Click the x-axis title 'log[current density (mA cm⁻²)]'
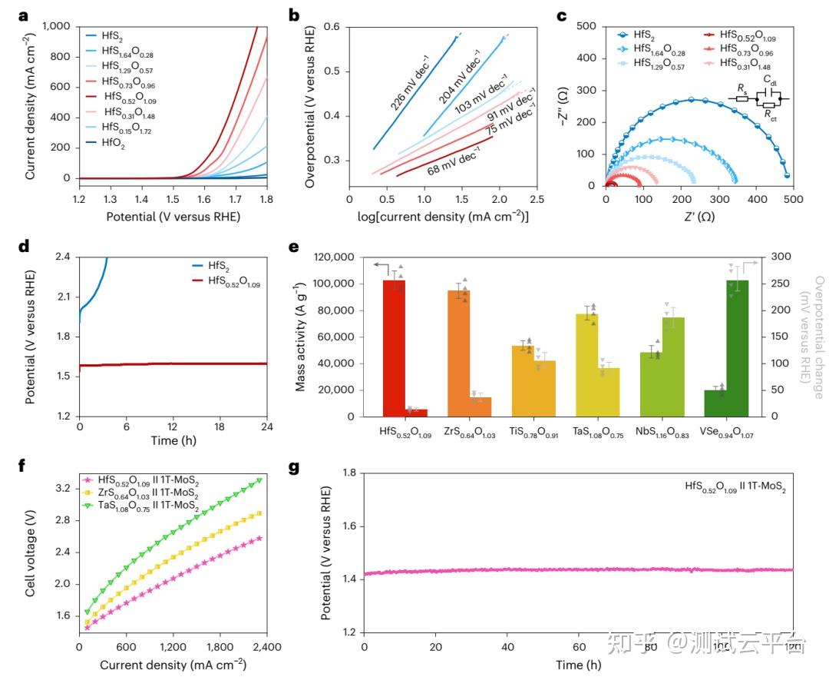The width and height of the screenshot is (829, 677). tap(443, 217)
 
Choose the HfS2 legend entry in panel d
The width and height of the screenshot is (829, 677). tap(222, 264)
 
